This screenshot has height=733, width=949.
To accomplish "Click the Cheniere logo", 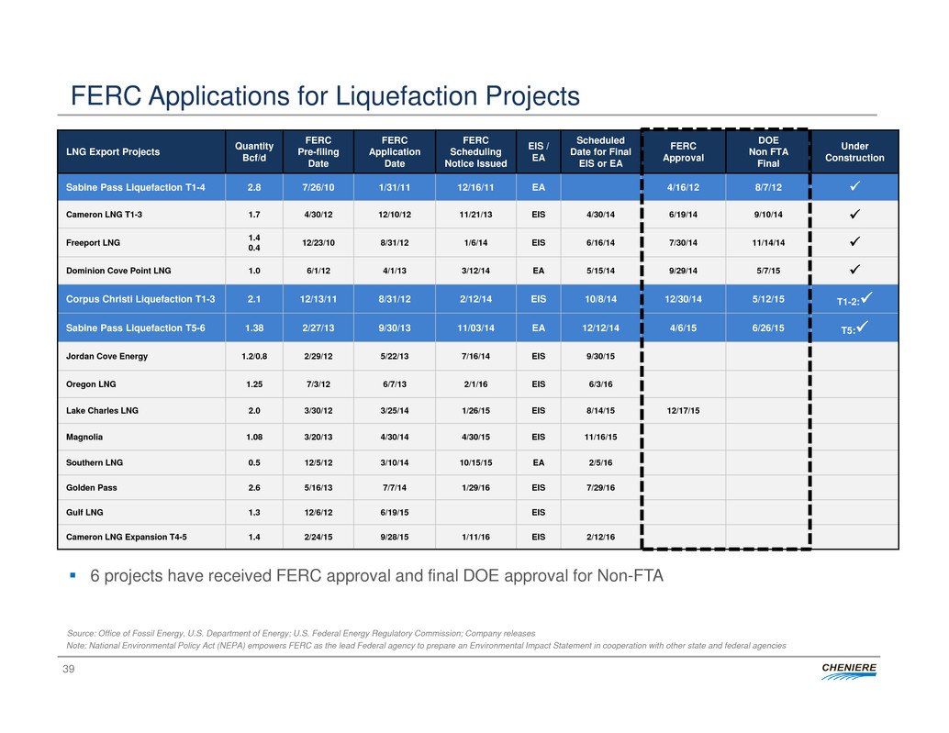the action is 849,671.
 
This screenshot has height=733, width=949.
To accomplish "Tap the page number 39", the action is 69,668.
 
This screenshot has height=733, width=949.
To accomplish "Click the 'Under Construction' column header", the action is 854,151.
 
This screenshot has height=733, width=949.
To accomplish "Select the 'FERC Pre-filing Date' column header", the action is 318,151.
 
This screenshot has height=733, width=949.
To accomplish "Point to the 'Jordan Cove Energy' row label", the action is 106,356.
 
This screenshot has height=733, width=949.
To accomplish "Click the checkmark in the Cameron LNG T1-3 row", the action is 854,214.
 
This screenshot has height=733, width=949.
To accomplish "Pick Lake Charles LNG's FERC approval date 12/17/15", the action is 683,411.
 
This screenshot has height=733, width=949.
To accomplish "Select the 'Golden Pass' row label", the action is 92,487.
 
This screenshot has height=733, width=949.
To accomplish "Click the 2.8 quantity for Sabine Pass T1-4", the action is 254,187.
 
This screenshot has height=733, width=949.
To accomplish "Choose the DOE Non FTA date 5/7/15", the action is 768,271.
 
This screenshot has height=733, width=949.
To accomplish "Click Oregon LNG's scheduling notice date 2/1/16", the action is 475,384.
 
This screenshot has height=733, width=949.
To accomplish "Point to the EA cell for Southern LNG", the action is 538,462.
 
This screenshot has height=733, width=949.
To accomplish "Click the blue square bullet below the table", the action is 73,575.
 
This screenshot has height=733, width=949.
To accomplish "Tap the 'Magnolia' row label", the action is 84,437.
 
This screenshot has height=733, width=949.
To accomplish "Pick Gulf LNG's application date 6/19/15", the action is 394,512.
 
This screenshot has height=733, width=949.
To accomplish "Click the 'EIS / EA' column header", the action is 538,151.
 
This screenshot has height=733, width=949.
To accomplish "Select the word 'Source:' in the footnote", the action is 81,633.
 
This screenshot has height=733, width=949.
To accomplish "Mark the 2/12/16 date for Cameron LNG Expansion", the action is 600,537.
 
